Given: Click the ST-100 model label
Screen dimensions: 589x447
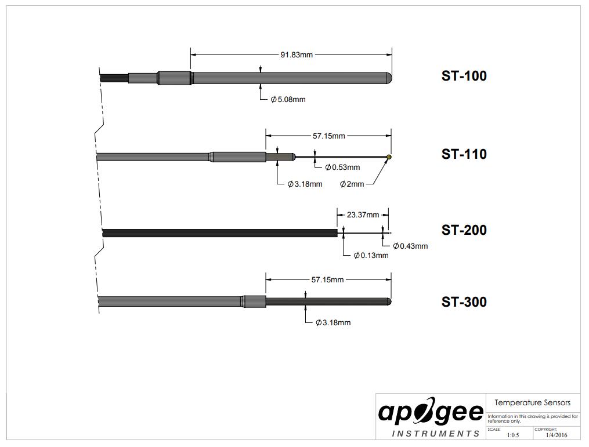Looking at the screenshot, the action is pyautogui.click(x=464, y=76).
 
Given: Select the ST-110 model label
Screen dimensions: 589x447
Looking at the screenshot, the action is pyautogui.click(x=464, y=154).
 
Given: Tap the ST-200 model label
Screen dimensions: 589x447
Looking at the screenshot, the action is pyautogui.click(x=464, y=230).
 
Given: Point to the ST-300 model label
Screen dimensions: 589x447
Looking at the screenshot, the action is pyautogui.click(x=464, y=301).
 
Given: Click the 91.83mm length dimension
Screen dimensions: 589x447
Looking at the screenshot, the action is pyautogui.click(x=297, y=55).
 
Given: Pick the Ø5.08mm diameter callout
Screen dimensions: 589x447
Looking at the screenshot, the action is pyautogui.click(x=288, y=100).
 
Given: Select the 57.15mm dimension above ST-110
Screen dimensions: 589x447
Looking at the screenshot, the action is pyautogui.click(x=328, y=136).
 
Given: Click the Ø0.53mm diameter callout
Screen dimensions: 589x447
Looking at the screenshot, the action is pyautogui.click(x=342, y=168).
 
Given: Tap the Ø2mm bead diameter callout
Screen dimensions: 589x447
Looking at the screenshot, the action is pyautogui.click(x=352, y=184).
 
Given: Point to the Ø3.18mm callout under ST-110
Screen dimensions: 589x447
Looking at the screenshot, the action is pyautogui.click(x=305, y=184).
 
